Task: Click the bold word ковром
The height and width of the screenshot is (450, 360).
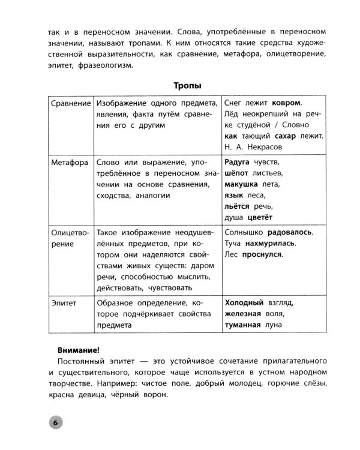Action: (x=282, y=103)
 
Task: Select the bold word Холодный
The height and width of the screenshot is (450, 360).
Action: (x=244, y=304)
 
